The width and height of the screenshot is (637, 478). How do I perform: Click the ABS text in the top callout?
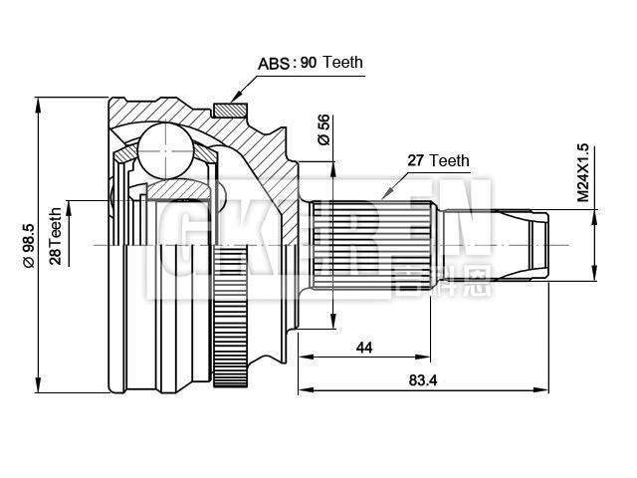[x=274, y=63]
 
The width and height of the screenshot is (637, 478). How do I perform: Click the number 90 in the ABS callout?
[x=309, y=63]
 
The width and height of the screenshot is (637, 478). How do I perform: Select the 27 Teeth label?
[x=438, y=160]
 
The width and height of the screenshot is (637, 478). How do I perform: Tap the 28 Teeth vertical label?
[x=56, y=242]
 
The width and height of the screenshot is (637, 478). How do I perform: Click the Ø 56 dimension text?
[x=323, y=130]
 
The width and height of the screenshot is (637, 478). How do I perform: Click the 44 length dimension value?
[x=364, y=347]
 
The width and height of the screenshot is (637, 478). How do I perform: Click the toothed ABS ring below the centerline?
[x=230, y=318]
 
